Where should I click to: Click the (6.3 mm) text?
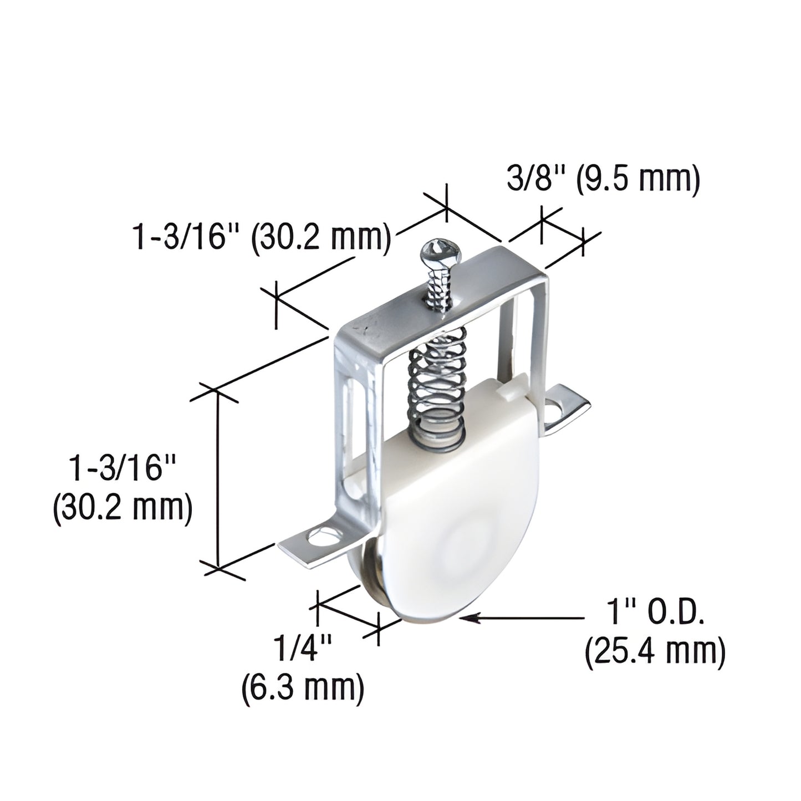tap(303, 688)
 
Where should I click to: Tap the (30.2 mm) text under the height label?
tap(123, 507)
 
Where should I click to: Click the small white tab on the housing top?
tap(511, 392)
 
